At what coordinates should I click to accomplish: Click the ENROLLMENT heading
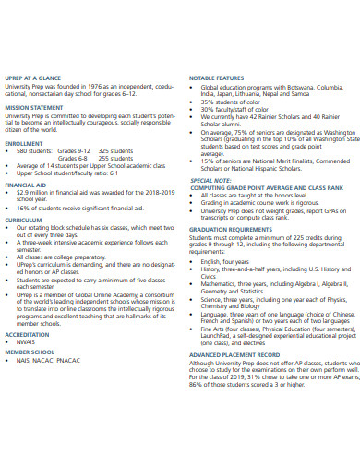point(24,144)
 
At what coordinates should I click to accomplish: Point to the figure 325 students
point(117,150)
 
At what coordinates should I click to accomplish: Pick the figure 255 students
point(117,158)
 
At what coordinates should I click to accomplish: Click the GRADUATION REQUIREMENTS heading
point(232,229)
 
